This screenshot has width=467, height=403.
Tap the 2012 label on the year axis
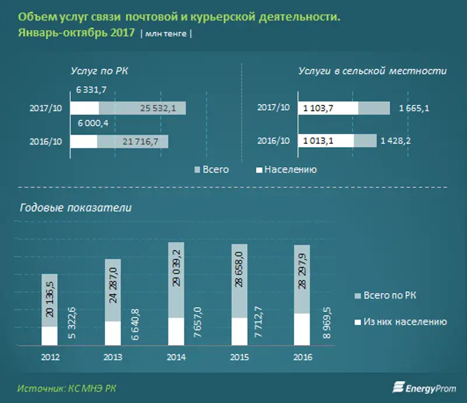[49, 357]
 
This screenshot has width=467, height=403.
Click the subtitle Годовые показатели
[76, 208]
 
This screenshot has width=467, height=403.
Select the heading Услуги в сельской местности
[372, 71]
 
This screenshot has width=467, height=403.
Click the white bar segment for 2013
[113, 333]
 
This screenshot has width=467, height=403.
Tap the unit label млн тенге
[166, 34]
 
